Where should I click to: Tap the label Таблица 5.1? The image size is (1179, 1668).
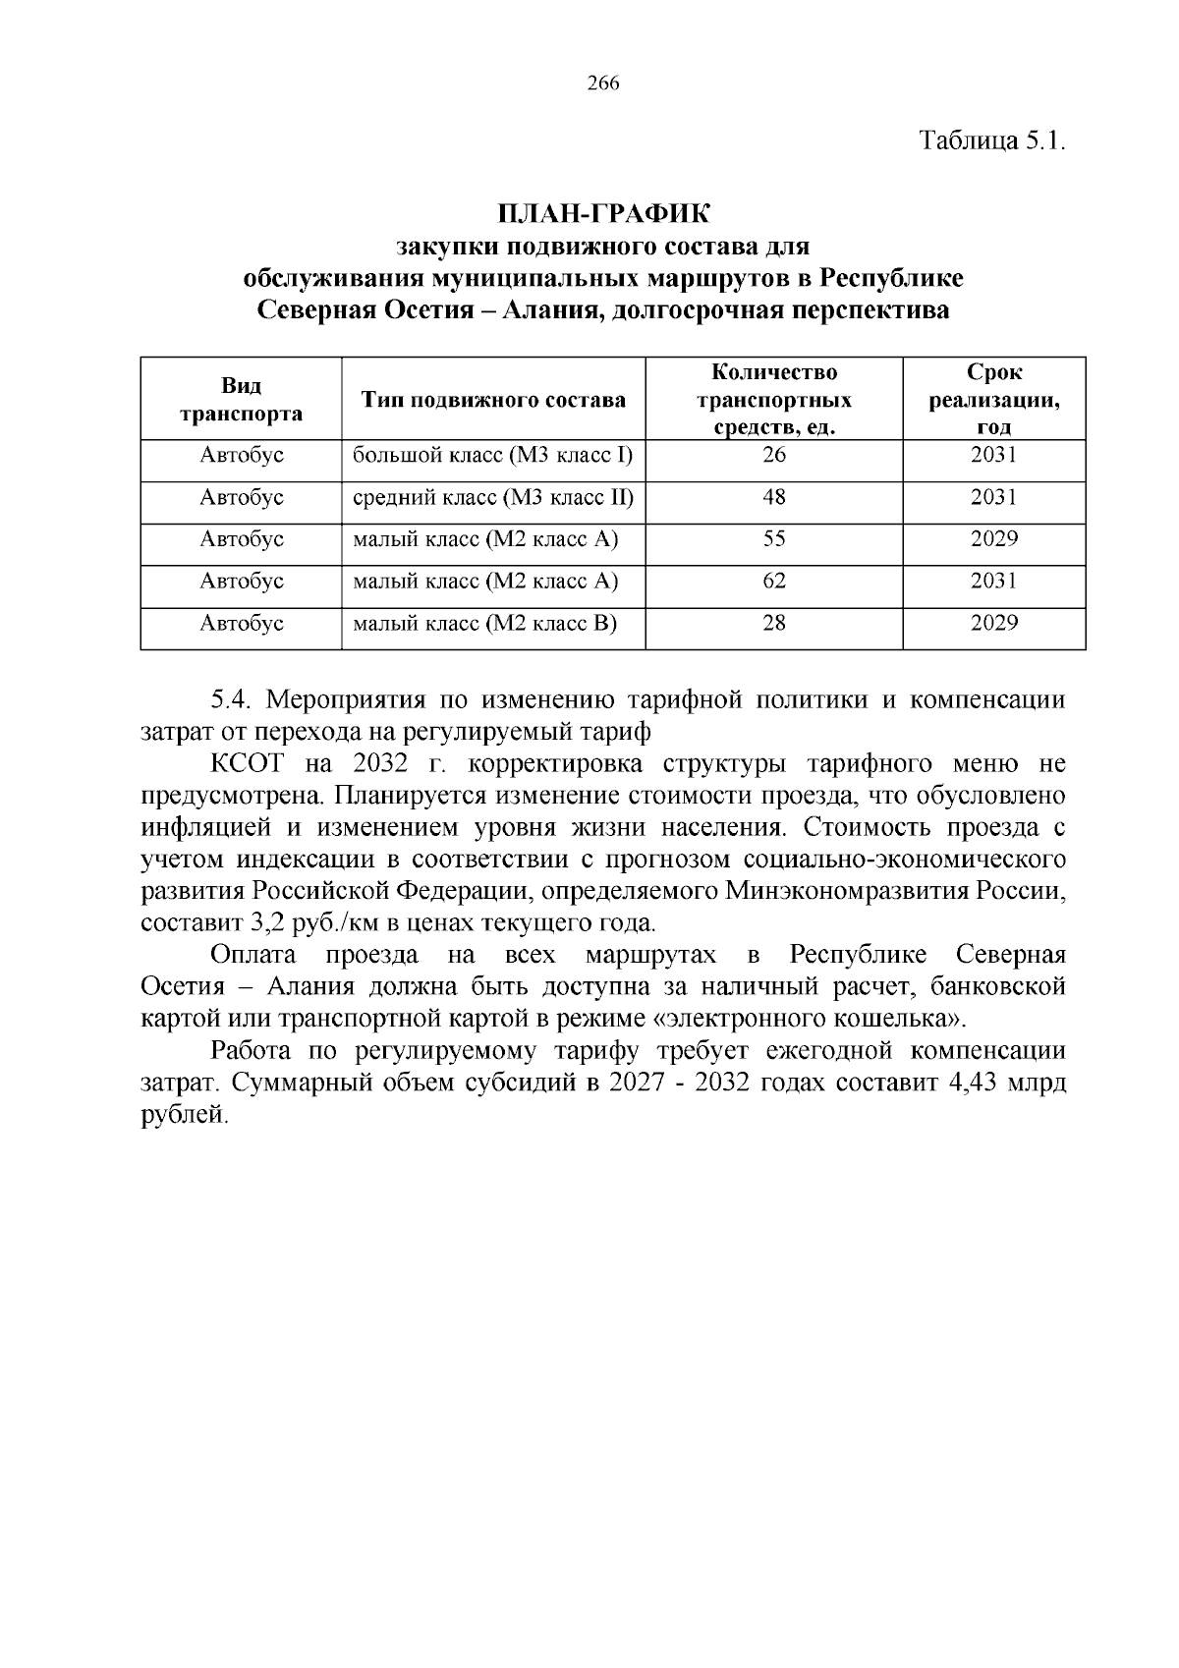[991, 140]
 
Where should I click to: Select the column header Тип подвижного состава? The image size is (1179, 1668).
[493, 400]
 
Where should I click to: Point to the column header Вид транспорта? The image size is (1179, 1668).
[241, 399]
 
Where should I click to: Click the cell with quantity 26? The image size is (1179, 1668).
[774, 455]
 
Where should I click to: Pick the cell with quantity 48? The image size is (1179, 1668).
[774, 497]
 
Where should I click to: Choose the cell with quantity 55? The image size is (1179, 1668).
[774, 539]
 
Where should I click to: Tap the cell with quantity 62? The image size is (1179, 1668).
[774, 582]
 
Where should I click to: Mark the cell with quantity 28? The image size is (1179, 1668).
[774, 624]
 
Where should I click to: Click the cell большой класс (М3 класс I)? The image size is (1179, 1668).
[492, 455]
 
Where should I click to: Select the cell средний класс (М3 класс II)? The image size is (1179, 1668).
[493, 497]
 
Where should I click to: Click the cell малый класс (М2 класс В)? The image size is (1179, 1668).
[485, 624]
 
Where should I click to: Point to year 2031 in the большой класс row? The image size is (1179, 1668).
[993, 455]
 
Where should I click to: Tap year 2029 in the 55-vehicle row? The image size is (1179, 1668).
[993, 539]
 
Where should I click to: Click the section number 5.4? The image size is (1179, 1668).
[233, 700]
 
